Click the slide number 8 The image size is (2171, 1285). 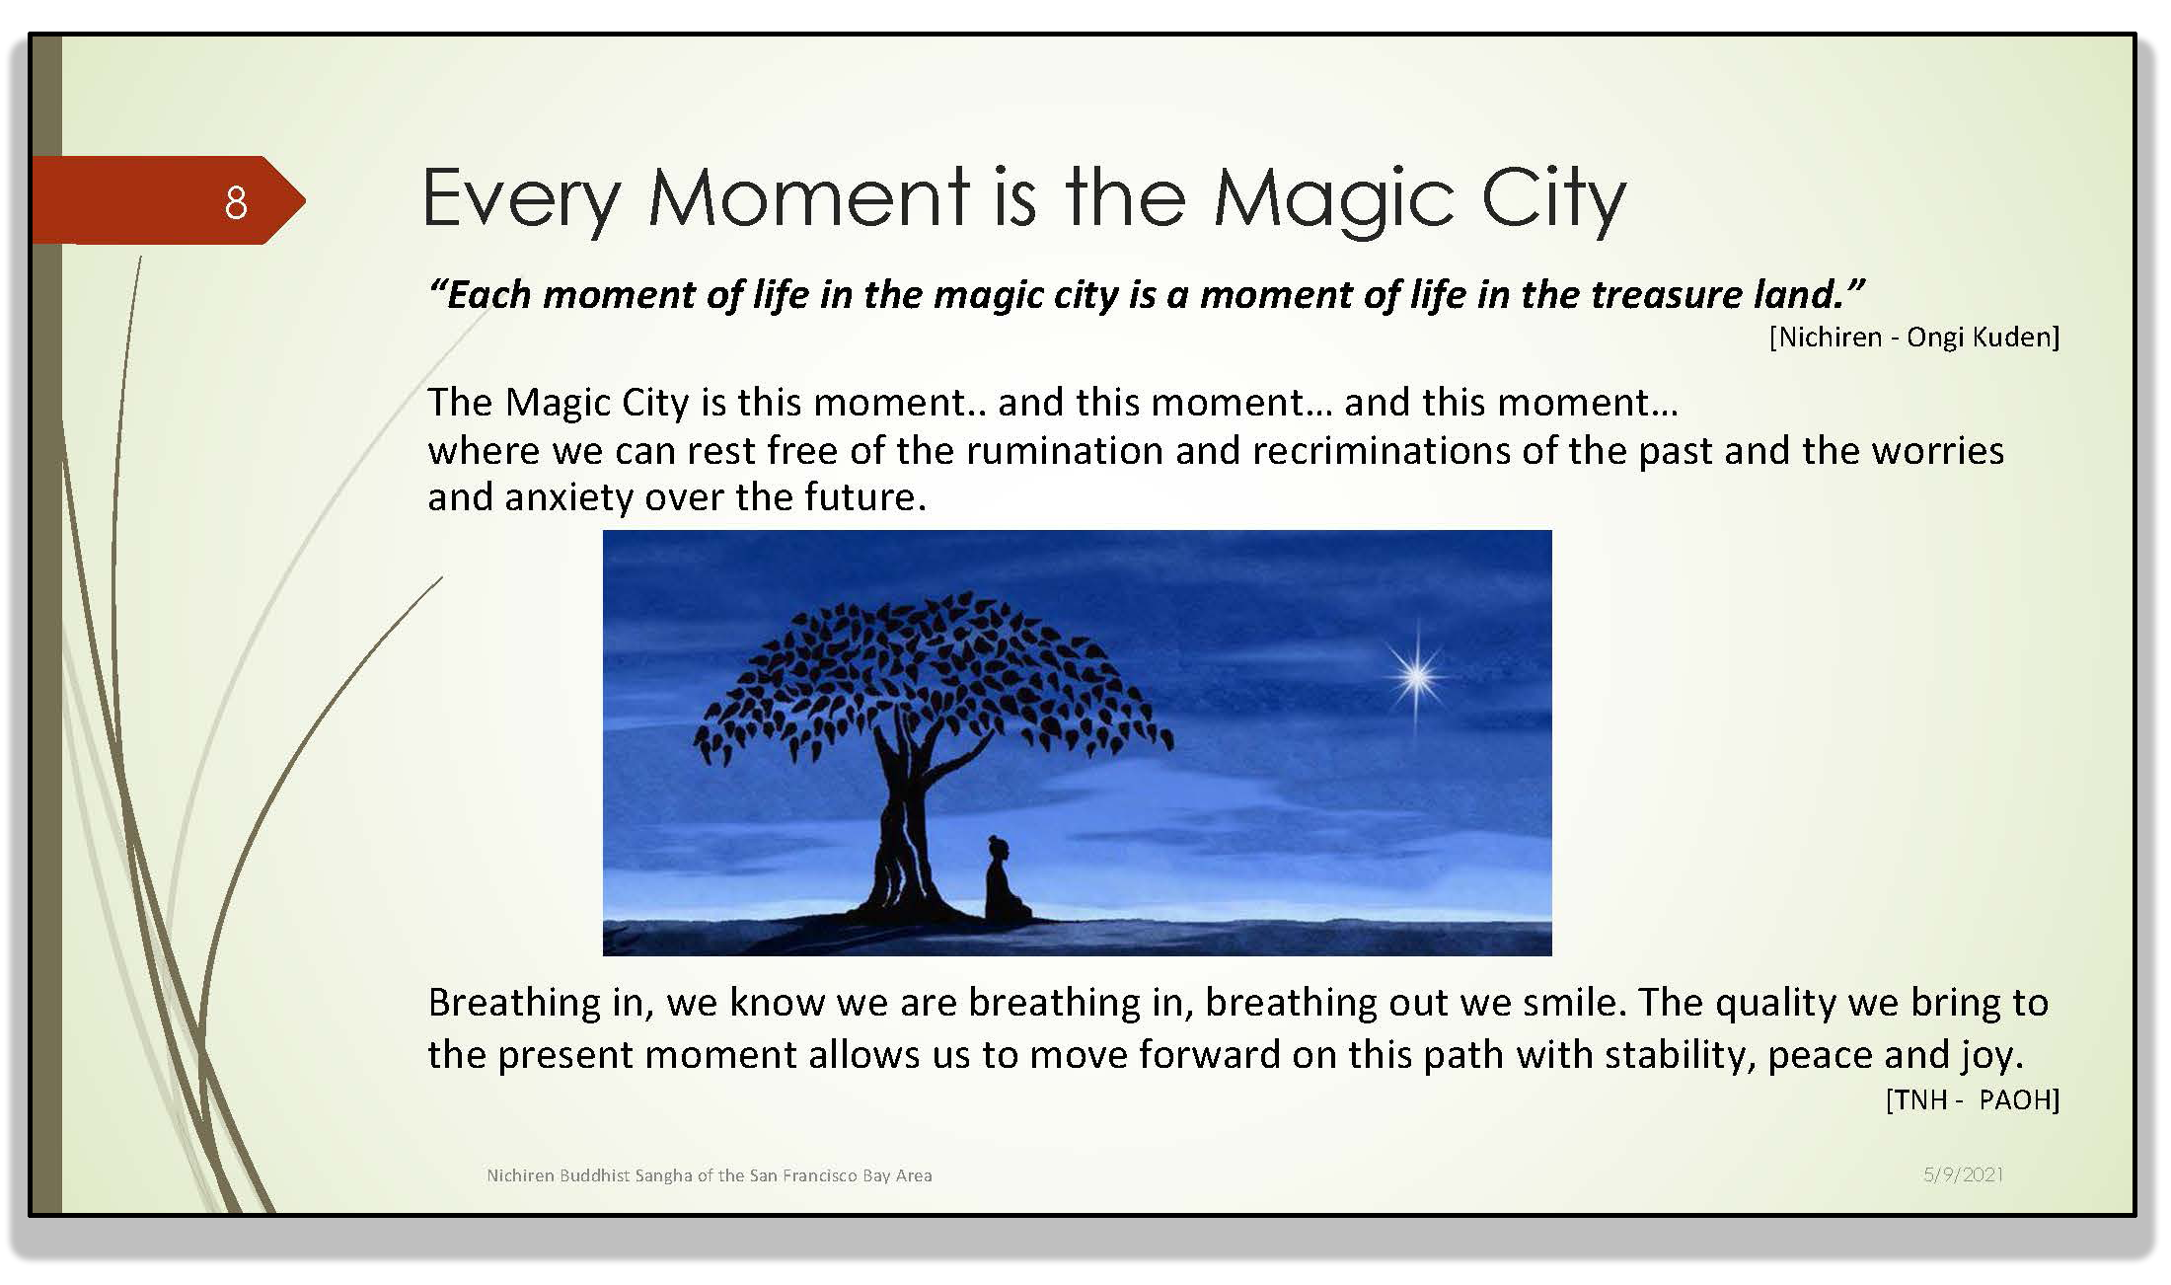click(x=236, y=202)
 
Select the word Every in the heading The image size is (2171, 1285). click(x=522, y=200)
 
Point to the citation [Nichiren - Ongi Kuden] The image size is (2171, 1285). click(x=1914, y=338)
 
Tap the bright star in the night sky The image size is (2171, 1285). click(x=1417, y=677)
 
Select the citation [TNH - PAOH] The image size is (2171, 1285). click(x=1972, y=1099)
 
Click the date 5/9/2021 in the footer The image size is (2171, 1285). click(x=1963, y=1174)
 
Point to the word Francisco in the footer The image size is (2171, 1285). click(x=813, y=1175)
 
